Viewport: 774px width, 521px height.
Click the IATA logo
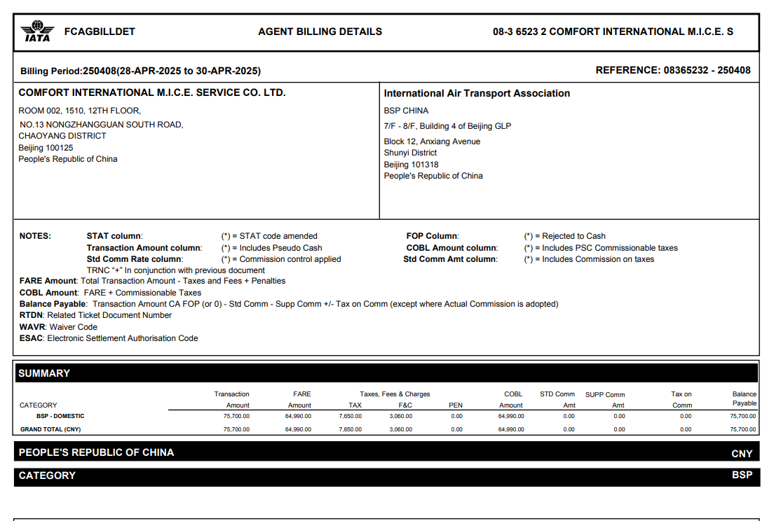pos(37,32)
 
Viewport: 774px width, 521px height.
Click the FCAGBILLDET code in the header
pos(100,32)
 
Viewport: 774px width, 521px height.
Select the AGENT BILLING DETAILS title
pos(320,32)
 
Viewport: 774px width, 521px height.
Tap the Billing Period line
pos(140,71)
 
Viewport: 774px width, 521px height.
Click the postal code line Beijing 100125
pos(46,148)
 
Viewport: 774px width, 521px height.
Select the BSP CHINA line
pos(406,111)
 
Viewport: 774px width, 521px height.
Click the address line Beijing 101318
pos(411,165)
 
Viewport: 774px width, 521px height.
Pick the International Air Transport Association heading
pos(477,93)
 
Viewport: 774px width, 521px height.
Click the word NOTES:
pos(35,236)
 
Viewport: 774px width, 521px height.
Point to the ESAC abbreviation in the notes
pos(32,338)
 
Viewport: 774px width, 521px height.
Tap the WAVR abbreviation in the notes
pos(32,327)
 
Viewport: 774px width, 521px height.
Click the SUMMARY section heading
pos(44,373)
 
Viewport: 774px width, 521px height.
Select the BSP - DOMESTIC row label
pos(60,416)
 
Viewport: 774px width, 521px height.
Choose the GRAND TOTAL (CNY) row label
pos(50,429)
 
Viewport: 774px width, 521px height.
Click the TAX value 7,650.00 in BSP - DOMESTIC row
pos(350,416)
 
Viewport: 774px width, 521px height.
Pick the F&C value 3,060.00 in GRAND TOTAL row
pos(401,429)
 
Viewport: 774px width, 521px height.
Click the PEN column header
pos(456,405)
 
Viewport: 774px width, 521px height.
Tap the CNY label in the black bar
pos(742,454)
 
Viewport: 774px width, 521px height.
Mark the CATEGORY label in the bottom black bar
pos(47,475)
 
